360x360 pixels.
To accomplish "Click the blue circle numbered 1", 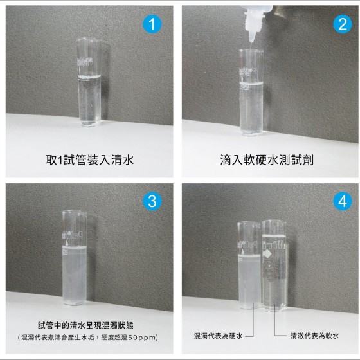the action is tap(152, 24).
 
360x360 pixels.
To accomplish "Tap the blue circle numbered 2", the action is tap(343, 24).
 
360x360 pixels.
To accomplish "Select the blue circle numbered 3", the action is tap(152, 201).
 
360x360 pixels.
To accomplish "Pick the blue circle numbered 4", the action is tap(343, 201).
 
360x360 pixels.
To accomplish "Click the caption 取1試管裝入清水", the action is tap(90, 160).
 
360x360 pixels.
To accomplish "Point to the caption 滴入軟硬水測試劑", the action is tap(267, 160).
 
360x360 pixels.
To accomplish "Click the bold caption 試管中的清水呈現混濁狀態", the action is tap(85, 325).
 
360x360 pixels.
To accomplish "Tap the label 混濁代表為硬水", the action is tap(218, 336).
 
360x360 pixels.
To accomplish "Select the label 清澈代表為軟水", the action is tap(314, 336).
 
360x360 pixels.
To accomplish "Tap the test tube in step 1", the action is tap(89, 82).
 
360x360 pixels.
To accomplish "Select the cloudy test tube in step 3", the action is tap(75, 258).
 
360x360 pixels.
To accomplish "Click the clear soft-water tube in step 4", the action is tap(274, 265).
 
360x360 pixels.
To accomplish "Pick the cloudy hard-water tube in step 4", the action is tap(249, 265).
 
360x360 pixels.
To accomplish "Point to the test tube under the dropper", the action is tap(251, 92).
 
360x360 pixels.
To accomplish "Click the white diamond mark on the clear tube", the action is tap(267, 254).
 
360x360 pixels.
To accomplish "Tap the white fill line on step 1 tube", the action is tap(89, 77).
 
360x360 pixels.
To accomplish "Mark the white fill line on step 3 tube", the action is tap(75, 248).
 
